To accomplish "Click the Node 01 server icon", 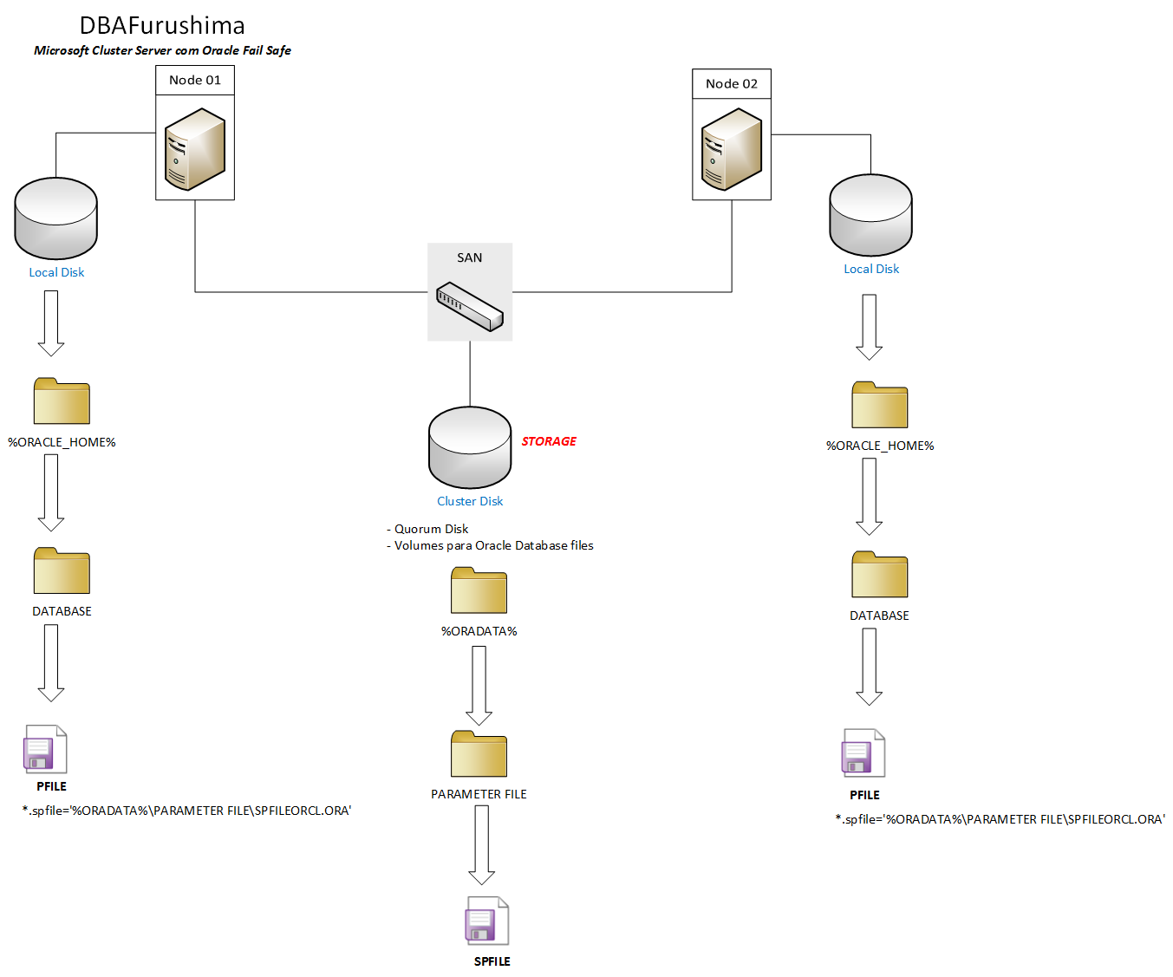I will [195, 148].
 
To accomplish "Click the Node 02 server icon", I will [732, 148].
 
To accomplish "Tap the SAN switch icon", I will [470, 306].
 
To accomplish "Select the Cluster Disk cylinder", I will [470, 447].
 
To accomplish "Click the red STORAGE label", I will [549, 441].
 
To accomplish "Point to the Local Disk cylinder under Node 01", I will [56, 218].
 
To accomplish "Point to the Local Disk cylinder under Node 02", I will [870, 215].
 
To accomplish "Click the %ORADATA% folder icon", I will [479, 590].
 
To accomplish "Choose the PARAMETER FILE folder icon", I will [479, 754].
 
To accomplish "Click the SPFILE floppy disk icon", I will [486, 921].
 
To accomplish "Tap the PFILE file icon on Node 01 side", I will [45, 749].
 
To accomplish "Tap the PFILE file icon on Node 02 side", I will [863, 752].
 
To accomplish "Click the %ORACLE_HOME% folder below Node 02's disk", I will [879, 405].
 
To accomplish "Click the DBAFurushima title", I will [162, 25].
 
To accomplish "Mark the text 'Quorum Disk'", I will [431, 529].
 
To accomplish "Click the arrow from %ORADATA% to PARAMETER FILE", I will [479, 685].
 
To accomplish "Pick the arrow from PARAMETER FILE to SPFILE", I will [482, 844].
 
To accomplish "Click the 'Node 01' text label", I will [195, 80].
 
